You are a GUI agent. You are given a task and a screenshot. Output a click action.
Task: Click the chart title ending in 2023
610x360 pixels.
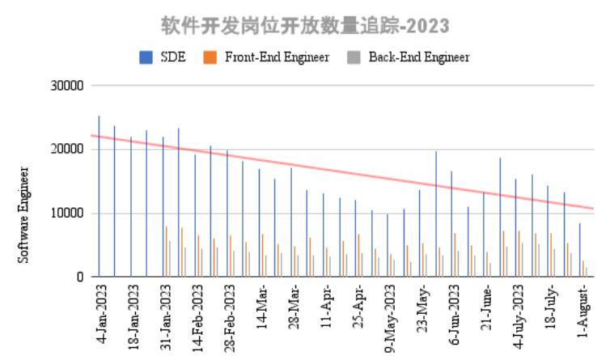point(304,26)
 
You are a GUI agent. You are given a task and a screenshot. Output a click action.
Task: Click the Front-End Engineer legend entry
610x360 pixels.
point(266,57)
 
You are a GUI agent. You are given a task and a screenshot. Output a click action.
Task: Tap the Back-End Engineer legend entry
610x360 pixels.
point(408,57)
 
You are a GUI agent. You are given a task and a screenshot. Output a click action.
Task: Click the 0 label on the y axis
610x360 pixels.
point(79,277)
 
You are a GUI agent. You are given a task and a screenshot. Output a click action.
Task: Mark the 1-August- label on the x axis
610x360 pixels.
point(584,311)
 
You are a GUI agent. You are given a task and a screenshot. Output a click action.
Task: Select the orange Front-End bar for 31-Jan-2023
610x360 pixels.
point(166,252)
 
